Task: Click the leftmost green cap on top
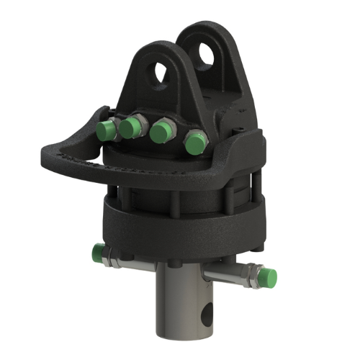click(x=106, y=130)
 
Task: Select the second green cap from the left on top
click(x=130, y=128)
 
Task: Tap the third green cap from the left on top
click(x=162, y=132)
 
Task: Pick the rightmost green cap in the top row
click(x=194, y=143)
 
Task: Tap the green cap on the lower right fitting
click(x=267, y=276)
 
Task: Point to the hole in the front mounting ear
click(x=162, y=73)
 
